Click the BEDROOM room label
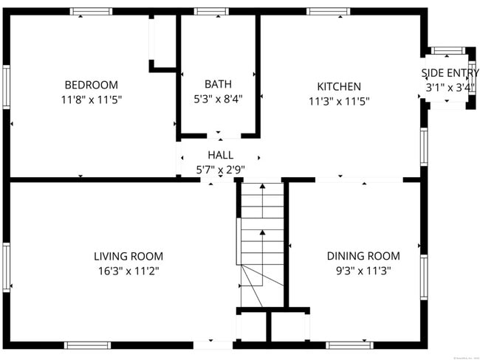click(91, 85)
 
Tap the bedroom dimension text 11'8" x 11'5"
click(91, 99)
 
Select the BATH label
click(218, 84)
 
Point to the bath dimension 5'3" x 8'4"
click(218, 98)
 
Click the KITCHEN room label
click(339, 86)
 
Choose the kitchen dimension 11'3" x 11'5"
click(339, 100)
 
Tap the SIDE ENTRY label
click(450, 73)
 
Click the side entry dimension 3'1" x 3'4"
click(449, 87)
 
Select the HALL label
click(220, 155)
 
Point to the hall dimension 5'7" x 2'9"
click(220, 169)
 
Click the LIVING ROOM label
click(128, 256)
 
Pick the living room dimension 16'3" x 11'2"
click(128, 270)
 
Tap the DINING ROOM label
click(363, 256)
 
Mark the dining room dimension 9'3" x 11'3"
click(363, 270)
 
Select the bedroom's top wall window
click(92, 11)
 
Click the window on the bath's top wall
click(211, 11)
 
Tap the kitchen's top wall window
click(329, 11)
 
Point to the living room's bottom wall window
click(88, 345)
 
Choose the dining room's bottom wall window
click(350, 345)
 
